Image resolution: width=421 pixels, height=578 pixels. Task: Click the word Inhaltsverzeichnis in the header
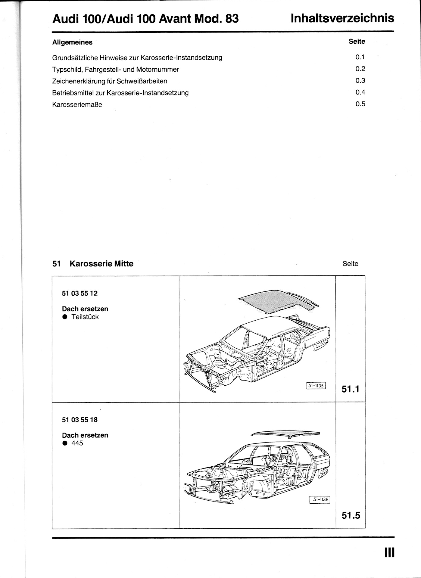342,18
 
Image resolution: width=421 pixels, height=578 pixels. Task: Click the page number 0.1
360,57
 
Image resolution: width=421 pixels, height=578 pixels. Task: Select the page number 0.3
360,80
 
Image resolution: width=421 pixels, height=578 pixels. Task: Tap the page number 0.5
360,104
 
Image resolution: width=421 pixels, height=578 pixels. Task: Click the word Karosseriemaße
77,105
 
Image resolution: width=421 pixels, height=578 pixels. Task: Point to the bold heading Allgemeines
72,42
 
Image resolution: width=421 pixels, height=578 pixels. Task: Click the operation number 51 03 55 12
80,293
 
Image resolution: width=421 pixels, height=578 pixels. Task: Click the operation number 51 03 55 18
80,420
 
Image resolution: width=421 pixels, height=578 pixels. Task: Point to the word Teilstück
85,317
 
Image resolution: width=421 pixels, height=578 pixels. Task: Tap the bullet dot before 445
65,443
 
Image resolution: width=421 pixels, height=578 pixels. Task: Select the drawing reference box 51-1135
316,386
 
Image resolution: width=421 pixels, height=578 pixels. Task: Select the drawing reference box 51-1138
320,499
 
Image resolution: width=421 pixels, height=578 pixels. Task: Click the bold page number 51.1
351,389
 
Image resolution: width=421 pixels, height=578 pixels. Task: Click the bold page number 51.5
351,515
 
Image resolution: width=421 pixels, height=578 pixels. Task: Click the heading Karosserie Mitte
101,264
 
